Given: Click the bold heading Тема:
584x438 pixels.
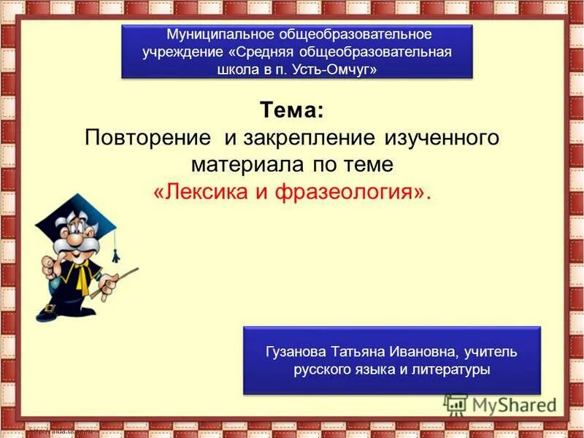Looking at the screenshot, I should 290,112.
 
